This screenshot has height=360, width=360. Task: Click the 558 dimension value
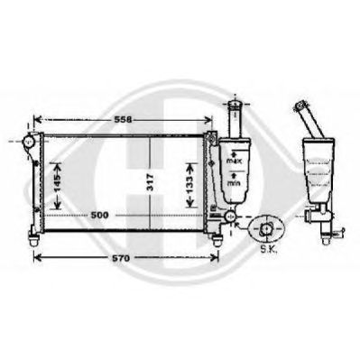[x=124, y=120]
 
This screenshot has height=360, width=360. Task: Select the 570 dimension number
[x=121, y=258]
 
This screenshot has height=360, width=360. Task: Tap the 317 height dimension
[x=151, y=182]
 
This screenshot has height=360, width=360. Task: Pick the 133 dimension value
[x=189, y=184]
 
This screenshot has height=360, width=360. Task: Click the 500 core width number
[x=99, y=216]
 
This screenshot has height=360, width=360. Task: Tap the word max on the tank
[x=235, y=162]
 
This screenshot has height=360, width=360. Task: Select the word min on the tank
[x=234, y=183]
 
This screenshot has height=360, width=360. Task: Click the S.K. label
[x=267, y=250]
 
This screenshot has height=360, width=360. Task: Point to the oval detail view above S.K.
[x=266, y=229]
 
